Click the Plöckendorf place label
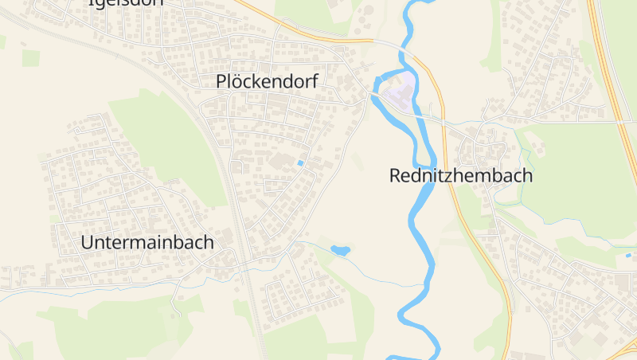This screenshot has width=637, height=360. click(x=267, y=82)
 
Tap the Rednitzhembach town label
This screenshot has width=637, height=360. click(x=461, y=176)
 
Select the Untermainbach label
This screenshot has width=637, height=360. click(x=147, y=243)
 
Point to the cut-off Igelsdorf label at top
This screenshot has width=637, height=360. click(x=125, y=3)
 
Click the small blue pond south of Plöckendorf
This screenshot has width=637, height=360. click(x=340, y=251)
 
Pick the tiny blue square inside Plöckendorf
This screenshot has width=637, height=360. click(x=300, y=163)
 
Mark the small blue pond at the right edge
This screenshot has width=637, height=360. click(x=630, y=255)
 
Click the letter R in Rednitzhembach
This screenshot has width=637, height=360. click(x=396, y=176)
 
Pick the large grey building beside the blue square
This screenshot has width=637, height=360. click(x=281, y=162)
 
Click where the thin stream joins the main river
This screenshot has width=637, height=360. click(x=422, y=284)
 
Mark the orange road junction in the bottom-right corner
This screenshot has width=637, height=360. click(x=626, y=346)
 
